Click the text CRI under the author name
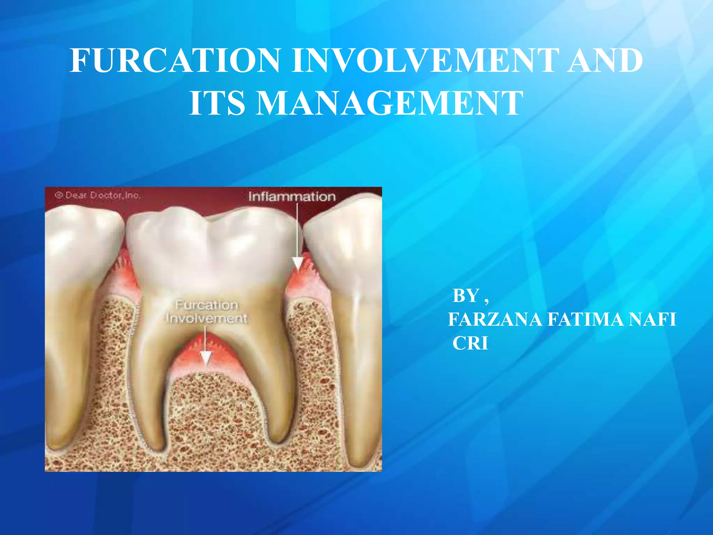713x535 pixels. pos(470,343)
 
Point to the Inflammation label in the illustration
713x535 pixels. pos(292,197)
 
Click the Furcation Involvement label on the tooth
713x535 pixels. pos(207,312)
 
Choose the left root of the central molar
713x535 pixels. pos(150,376)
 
